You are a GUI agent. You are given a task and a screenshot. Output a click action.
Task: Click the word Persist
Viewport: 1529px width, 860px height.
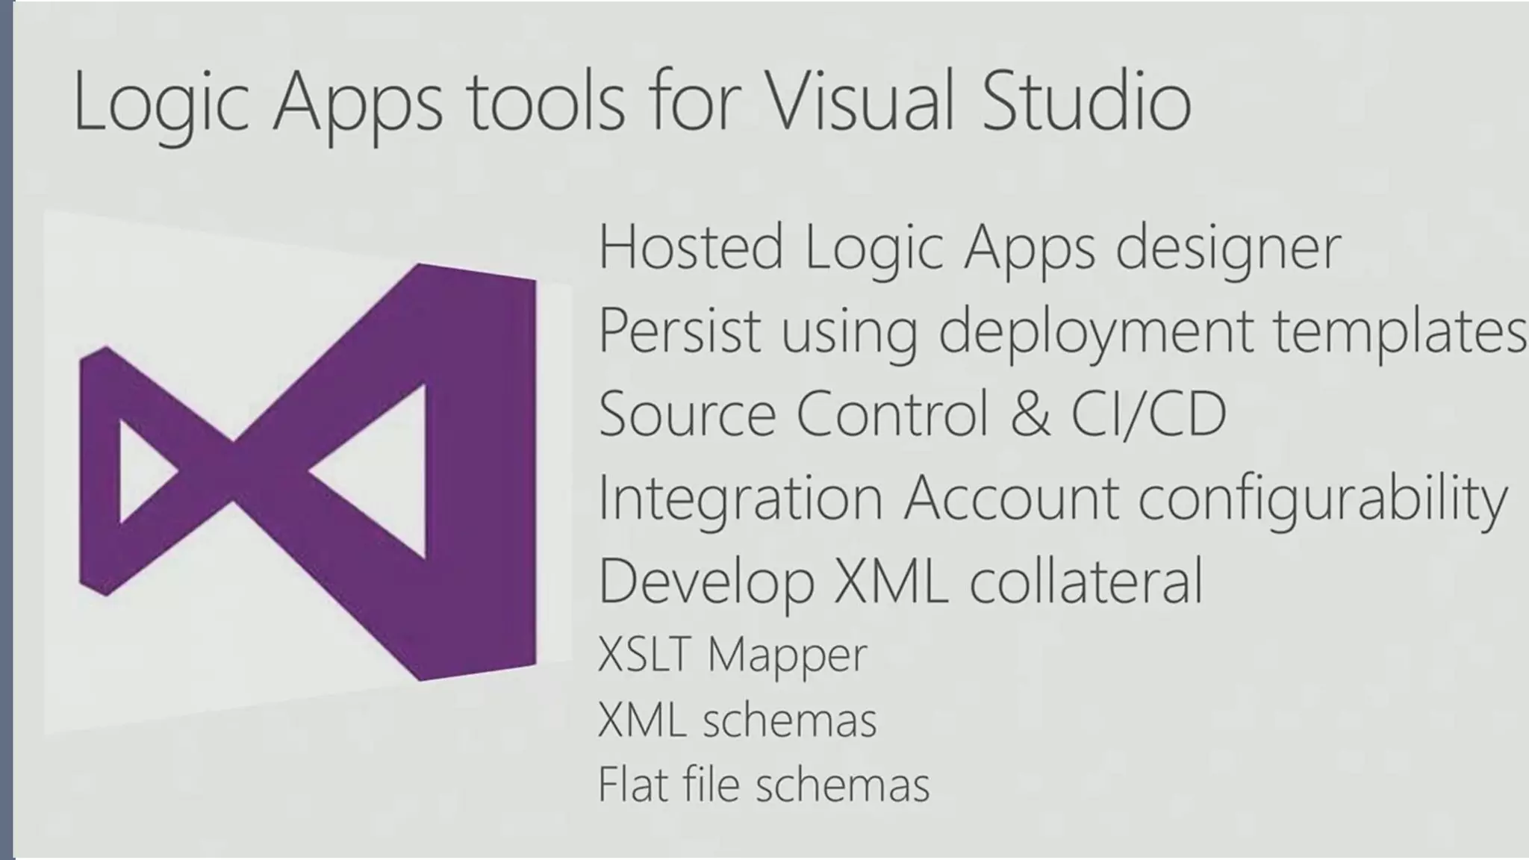click(679, 331)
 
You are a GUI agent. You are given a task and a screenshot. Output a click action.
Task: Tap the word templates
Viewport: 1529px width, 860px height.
click(1399, 332)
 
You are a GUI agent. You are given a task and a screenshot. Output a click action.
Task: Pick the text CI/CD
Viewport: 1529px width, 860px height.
click(1149, 414)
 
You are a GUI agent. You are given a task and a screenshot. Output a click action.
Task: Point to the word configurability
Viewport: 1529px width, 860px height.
click(1322, 499)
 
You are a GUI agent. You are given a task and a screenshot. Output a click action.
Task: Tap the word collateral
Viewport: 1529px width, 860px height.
click(1086, 581)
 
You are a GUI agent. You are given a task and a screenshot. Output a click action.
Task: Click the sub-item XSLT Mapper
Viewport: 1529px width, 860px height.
click(732, 655)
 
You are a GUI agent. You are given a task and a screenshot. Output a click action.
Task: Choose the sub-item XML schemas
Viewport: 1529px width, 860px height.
click(737, 720)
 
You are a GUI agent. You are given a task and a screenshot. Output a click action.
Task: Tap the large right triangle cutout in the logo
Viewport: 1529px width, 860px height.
click(384, 472)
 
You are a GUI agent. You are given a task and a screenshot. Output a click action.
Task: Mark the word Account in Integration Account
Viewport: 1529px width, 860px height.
click(1011, 497)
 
